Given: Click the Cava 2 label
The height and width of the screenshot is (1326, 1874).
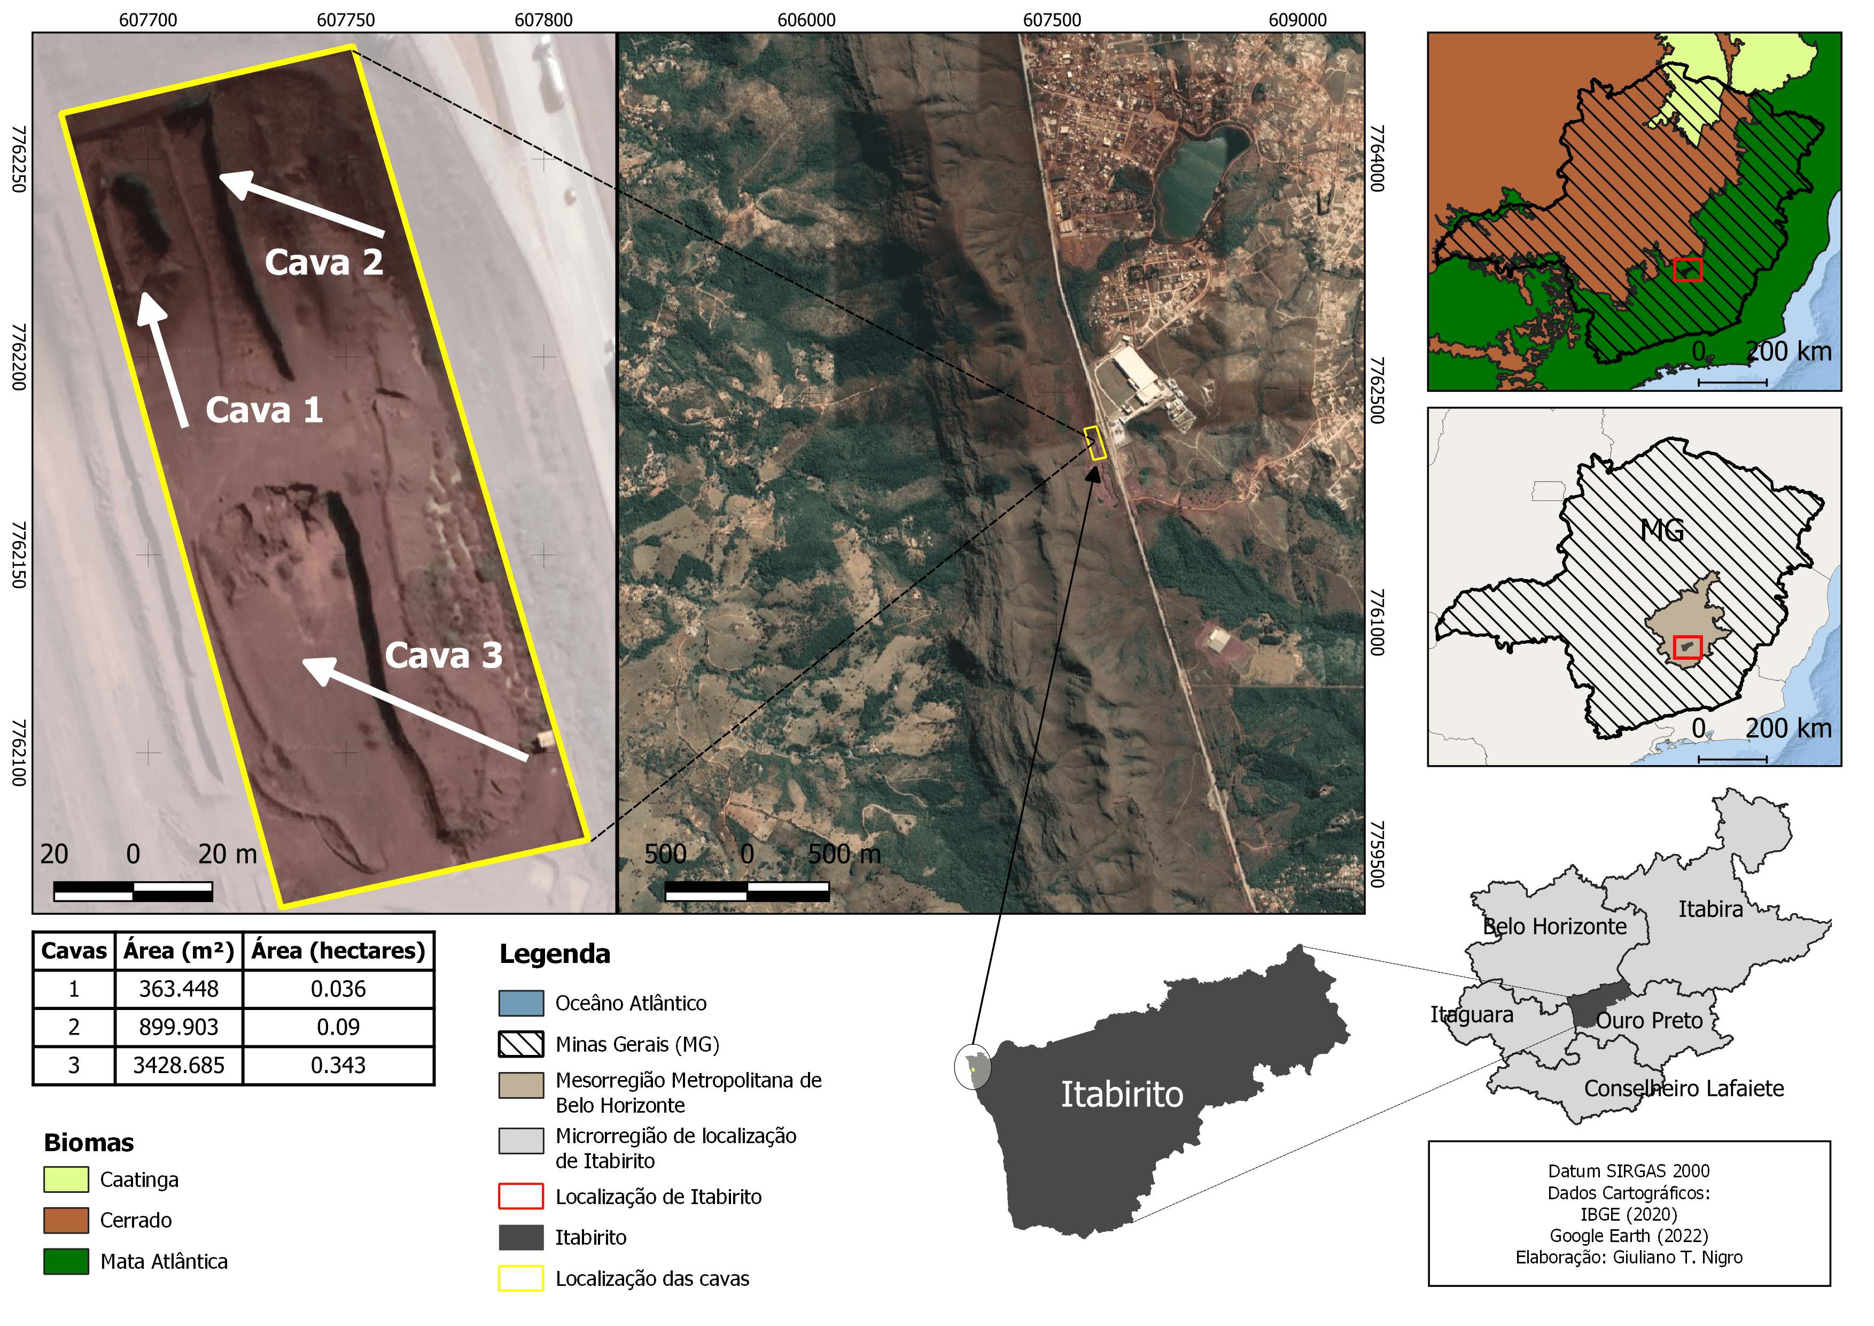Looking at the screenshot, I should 324,263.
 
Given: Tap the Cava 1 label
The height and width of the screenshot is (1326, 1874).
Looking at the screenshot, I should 263,410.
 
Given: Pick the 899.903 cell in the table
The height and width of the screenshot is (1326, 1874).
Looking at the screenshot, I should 179,1027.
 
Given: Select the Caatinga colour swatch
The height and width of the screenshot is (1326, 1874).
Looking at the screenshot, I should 66,1180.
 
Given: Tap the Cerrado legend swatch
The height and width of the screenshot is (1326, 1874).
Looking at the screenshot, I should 66,1221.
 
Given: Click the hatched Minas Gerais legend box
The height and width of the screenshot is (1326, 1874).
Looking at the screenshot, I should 521,1044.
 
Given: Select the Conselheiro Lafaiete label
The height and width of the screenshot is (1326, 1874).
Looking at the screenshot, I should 1683,1089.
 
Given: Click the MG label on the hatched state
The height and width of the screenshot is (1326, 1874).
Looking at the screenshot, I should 1662,531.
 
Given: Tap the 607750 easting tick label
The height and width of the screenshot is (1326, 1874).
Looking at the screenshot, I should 346,20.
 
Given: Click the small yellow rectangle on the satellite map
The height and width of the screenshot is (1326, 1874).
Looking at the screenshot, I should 1095,443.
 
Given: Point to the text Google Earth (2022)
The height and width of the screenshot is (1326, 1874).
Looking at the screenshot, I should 1628,1236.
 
